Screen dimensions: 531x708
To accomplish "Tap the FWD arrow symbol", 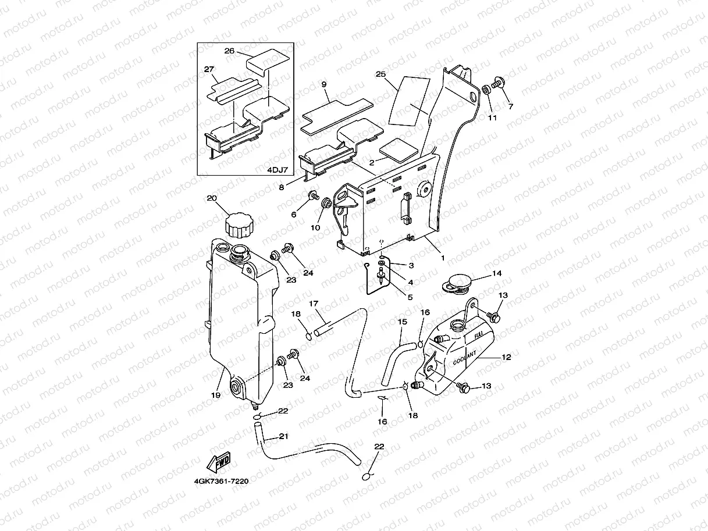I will (x=219, y=462).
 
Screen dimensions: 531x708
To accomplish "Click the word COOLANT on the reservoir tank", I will (x=464, y=357).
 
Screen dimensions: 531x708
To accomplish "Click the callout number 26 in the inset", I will (x=229, y=51).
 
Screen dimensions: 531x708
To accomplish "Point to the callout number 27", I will (x=209, y=69).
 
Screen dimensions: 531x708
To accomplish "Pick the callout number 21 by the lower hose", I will (x=284, y=436).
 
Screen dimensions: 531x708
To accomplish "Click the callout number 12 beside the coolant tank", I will (x=506, y=357).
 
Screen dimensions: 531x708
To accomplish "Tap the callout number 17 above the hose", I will (x=312, y=303).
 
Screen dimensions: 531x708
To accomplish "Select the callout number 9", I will (x=325, y=84).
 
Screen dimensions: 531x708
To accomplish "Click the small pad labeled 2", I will (x=402, y=150).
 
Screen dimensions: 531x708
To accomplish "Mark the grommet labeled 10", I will (x=326, y=205).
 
